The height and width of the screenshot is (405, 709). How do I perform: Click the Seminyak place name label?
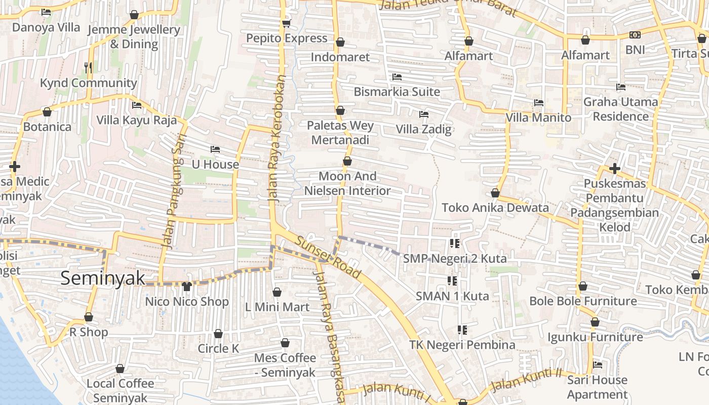tap(103, 278)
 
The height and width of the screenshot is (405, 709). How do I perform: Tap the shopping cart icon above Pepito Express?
tap(286, 23)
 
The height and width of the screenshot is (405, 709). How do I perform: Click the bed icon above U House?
tap(215, 149)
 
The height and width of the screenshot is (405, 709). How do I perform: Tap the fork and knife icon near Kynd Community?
tap(88, 67)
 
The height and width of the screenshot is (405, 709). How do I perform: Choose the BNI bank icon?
tap(635, 35)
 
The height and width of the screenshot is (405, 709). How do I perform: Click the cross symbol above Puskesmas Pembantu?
tap(614, 168)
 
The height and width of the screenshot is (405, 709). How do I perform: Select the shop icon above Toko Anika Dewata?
tap(495, 193)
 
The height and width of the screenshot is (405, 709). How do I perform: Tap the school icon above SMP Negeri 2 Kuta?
tap(454, 244)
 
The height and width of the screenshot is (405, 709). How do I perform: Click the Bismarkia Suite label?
tap(397, 92)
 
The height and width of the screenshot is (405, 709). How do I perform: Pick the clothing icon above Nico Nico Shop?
tap(186, 287)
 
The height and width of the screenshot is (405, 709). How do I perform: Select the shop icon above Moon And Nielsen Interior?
tap(347, 161)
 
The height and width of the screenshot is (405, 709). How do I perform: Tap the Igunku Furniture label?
tap(595, 337)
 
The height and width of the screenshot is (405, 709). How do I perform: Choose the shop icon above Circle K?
tap(218, 334)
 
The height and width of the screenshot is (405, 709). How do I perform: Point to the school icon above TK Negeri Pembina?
tap(462, 330)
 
